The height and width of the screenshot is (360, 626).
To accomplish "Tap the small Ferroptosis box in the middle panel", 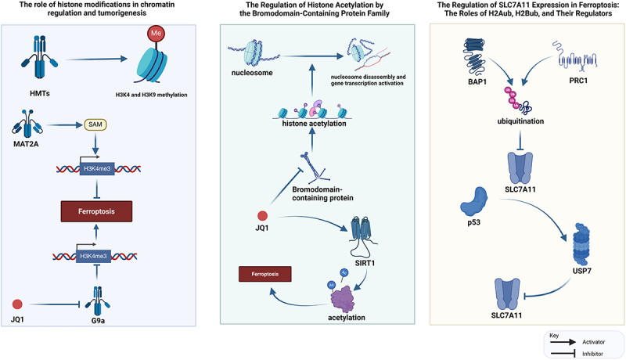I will [x=265, y=274].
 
